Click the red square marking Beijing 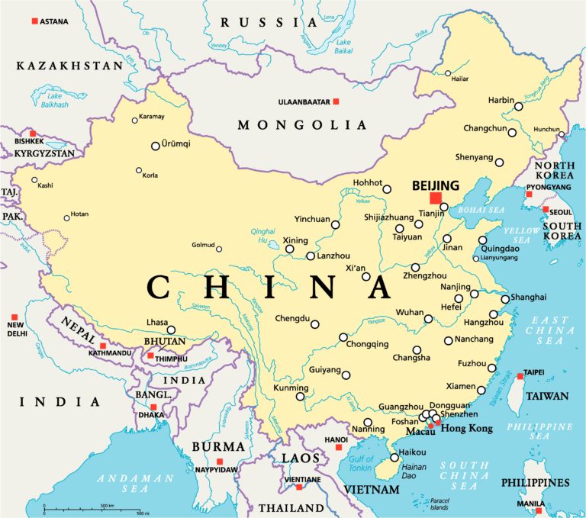[435, 198]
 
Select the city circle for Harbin [518, 108]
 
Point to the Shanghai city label [528, 296]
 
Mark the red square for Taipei [520, 376]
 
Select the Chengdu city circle [314, 324]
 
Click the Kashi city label [46, 185]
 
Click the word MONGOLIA [301, 125]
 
